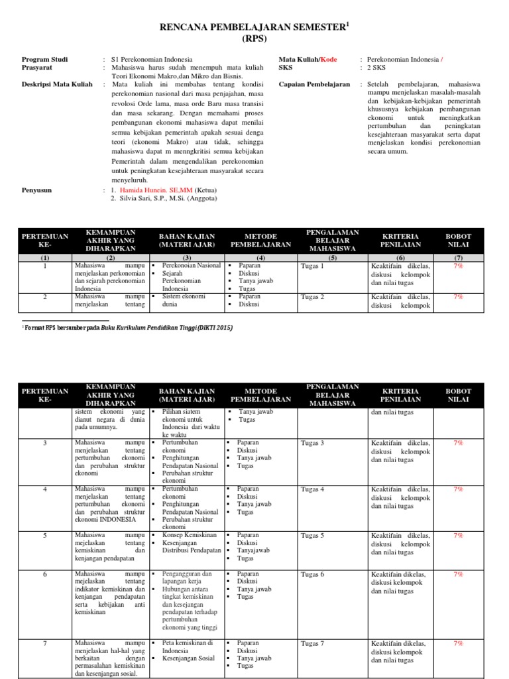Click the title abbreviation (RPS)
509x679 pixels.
tap(255, 38)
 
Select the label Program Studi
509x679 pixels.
tap(44, 60)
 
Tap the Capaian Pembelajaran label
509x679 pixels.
tap(314, 84)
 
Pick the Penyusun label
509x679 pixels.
tap(37, 190)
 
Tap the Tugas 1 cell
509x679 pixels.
tap(312, 266)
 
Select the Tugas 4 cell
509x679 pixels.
tap(312, 489)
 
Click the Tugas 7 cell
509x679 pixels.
tap(312, 643)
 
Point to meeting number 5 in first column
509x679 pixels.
tap(45, 535)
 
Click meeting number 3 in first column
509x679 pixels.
tap(45, 443)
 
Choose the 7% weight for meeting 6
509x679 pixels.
tap(457, 574)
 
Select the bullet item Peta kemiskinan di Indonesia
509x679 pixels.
tap(188, 647)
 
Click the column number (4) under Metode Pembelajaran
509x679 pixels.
tap(260, 258)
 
